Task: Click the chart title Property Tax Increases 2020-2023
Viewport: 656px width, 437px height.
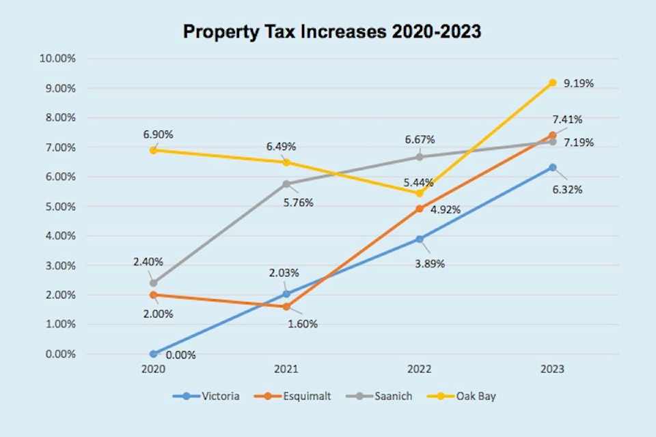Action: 331,32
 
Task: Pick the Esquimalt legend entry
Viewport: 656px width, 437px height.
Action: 307,396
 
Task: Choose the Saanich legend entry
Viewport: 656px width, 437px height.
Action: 393,396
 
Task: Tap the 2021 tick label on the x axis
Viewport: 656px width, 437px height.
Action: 286,369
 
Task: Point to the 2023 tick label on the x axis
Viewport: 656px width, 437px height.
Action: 552,369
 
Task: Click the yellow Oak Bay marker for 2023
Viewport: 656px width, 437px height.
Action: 552,83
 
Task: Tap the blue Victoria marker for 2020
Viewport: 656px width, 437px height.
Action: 153,354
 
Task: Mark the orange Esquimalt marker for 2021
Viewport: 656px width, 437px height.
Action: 286,307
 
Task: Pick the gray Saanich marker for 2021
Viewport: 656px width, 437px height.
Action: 286,184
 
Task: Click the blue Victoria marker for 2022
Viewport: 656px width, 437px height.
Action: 420,239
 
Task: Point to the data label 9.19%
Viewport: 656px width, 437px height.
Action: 579,83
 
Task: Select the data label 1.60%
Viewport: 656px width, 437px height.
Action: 303,324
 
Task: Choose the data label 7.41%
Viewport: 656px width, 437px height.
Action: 568,119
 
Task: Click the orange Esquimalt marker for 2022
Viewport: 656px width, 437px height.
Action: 420,209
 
